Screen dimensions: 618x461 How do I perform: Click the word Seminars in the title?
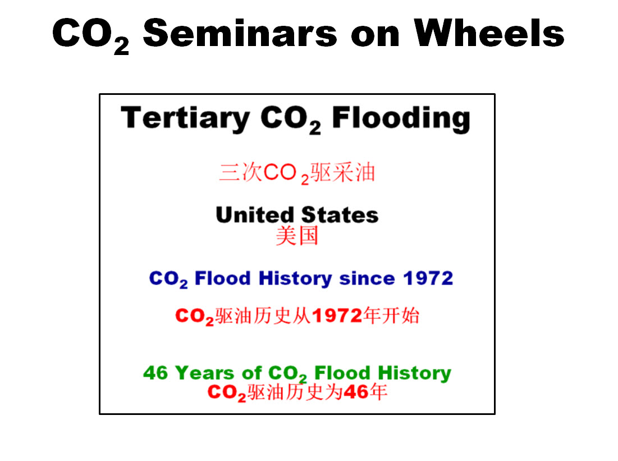point(240,33)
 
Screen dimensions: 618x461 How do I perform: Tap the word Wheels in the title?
point(489,33)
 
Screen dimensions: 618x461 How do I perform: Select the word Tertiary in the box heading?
point(185,118)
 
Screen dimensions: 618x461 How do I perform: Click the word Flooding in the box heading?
point(401,118)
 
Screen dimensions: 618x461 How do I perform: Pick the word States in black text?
point(340,215)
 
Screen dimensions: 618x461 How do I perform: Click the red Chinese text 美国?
point(297,236)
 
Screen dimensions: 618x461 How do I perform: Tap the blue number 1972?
point(428,279)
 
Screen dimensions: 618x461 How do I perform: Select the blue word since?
point(367,279)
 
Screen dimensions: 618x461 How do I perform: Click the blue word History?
point(295,279)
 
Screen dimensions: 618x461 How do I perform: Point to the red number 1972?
point(337,316)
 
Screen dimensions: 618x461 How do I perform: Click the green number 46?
point(155,373)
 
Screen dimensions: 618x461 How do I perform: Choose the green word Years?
point(204,373)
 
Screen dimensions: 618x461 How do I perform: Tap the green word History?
point(414,373)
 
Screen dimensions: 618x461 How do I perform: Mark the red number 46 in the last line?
point(356,392)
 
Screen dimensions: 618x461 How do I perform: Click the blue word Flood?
point(223,278)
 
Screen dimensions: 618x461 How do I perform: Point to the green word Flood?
point(342,373)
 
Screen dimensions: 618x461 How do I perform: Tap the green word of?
point(251,373)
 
